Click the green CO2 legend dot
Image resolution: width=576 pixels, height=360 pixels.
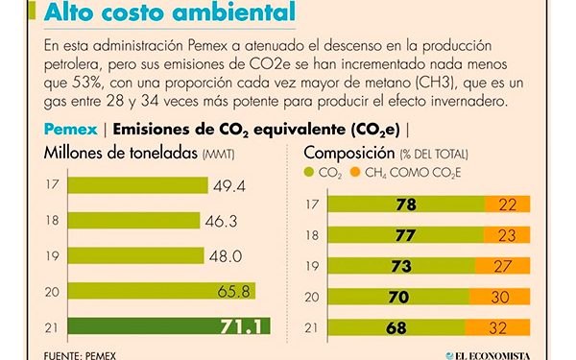pyautogui.click(x=309, y=173)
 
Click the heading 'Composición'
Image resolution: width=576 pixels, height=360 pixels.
pyautogui.click(x=348, y=153)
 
